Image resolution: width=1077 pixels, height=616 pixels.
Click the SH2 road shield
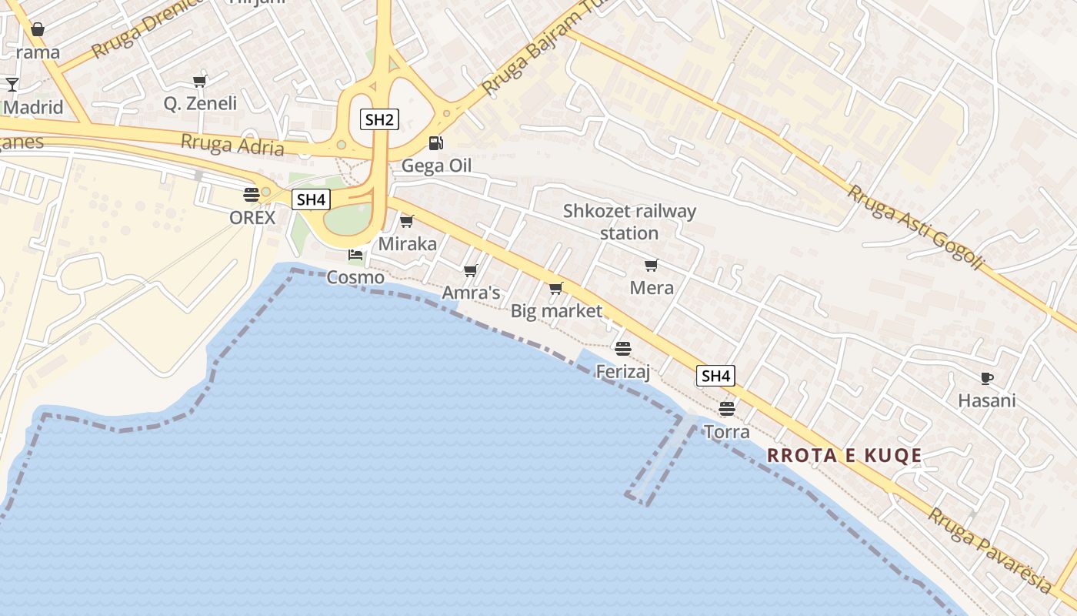pyautogui.click(x=379, y=119)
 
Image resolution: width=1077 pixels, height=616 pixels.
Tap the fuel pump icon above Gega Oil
pyautogui.click(x=435, y=142)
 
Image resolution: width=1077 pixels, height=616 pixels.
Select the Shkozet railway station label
pyautogui.click(x=629, y=222)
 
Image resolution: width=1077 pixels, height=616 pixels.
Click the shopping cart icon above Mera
pyautogui.click(x=651, y=266)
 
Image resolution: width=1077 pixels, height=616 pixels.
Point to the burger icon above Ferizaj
pyautogui.click(x=623, y=349)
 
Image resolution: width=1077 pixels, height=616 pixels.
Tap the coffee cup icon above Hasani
pyautogui.click(x=986, y=378)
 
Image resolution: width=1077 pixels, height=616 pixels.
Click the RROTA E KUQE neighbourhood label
pyautogui.click(x=844, y=455)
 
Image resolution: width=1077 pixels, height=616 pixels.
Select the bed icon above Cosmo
pyautogui.click(x=355, y=254)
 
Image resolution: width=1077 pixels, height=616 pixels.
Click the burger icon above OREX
pyautogui.click(x=252, y=194)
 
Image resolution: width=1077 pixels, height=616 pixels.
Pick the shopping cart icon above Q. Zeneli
pyautogui.click(x=200, y=81)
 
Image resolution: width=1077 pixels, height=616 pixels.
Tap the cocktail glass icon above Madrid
pyautogui.click(x=12, y=84)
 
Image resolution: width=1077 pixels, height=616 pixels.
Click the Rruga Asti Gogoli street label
pyautogui.click(x=915, y=227)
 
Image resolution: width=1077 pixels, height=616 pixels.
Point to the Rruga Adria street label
pyautogui.click(x=232, y=145)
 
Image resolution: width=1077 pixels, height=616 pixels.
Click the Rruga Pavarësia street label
pyautogui.click(x=989, y=550)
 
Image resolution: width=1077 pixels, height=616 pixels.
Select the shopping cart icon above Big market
pyautogui.click(x=555, y=289)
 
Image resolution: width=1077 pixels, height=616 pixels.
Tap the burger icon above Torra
pyautogui.click(x=726, y=408)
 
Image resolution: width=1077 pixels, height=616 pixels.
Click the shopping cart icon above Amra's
pyautogui.click(x=470, y=270)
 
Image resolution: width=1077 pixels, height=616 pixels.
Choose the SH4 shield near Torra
pyautogui.click(x=715, y=376)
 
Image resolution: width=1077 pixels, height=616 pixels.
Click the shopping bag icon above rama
pyautogui.click(x=37, y=30)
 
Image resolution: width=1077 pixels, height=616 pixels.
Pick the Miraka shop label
pyautogui.click(x=407, y=244)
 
